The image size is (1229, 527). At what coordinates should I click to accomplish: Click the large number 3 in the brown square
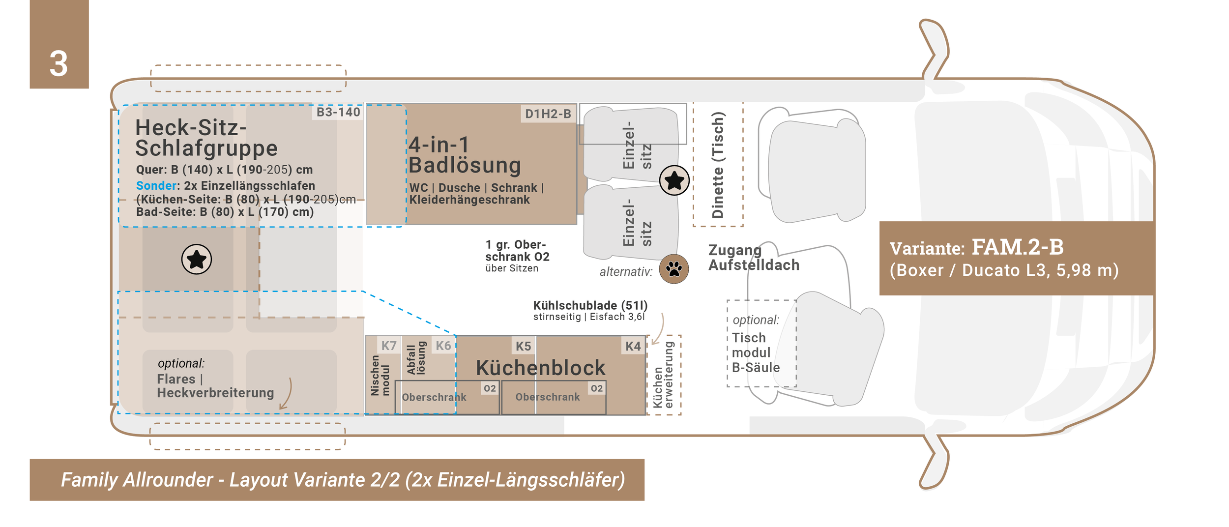click(x=59, y=64)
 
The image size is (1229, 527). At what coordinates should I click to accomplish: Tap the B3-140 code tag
click(x=338, y=112)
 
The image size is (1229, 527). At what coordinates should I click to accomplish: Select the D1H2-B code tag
click(x=548, y=114)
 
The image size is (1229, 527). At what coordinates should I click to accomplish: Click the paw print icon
click(x=673, y=269)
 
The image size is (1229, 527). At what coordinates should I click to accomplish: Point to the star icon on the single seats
click(x=674, y=180)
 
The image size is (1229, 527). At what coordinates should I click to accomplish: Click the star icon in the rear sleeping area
click(x=197, y=259)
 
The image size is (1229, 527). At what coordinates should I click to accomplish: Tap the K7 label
click(x=389, y=346)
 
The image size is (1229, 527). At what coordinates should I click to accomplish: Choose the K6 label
click(x=443, y=346)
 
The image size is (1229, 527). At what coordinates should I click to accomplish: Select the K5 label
click(x=523, y=346)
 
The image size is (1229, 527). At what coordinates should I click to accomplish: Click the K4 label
click(x=633, y=346)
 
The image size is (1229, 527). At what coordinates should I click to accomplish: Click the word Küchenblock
click(x=540, y=368)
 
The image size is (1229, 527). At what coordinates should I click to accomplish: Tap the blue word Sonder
click(x=156, y=186)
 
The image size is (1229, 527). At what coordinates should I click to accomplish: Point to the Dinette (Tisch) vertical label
click(x=718, y=165)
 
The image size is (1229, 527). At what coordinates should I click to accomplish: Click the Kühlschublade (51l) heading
click(x=590, y=305)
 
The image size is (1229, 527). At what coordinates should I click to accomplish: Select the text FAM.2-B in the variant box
click(x=1017, y=247)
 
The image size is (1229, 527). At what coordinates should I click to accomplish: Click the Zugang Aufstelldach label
click(x=753, y=258)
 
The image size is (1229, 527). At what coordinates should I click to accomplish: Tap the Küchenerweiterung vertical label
click(x=663, y=375)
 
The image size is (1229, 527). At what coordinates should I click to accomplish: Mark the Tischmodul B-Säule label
click(x=756, y=352)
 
